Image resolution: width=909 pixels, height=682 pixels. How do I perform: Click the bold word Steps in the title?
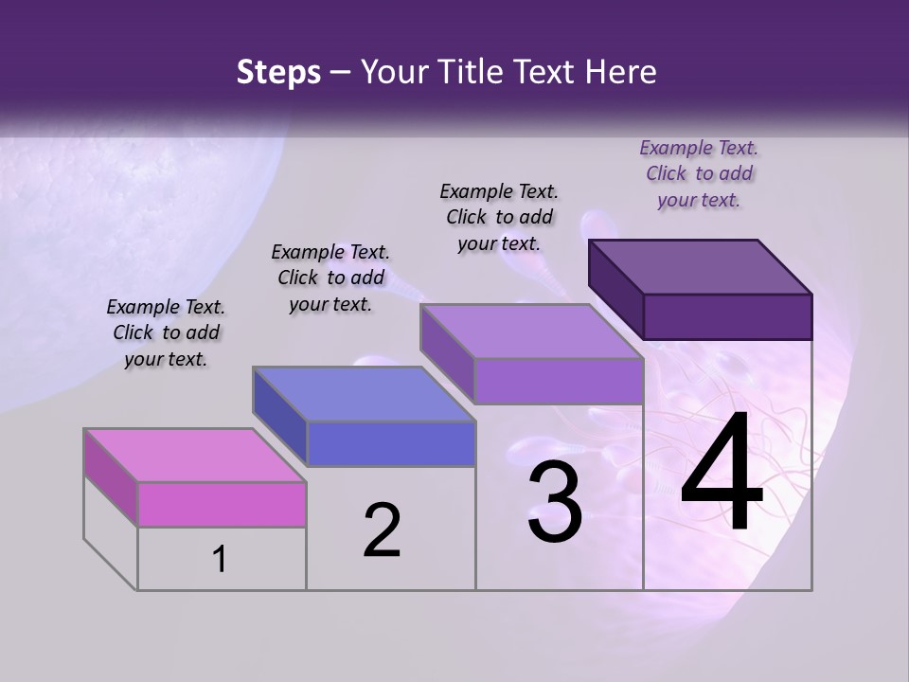(x=278, y=72)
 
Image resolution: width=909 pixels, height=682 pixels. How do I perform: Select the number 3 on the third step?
(x=554, y=501)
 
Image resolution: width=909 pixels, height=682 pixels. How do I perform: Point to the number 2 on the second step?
(x=382, y=529)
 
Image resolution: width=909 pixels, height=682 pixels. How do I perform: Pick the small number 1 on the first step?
(x=220, y=560)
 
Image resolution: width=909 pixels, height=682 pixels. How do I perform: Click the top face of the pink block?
(x=195, y=455)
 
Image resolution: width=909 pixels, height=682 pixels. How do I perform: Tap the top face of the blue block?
(x=364, y=393)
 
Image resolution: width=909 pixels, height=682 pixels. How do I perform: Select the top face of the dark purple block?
(x=701, y=266)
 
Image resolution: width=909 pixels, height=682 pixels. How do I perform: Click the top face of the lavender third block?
(x=532, y=332)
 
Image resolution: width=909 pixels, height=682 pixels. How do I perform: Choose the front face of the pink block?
(x=222, y=504)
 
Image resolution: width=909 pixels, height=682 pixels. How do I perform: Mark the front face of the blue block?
(x=391, y=443)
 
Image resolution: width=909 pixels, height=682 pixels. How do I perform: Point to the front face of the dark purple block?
(x=727, y=316)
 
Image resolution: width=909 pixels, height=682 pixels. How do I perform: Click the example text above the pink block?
(x=166, y=332)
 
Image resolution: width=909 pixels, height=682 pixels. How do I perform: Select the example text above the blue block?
(x=330, y=278)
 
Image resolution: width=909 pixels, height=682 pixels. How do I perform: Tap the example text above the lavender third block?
(x=499, y=217)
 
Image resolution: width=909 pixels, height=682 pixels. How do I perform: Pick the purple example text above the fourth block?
(x=699, y=173)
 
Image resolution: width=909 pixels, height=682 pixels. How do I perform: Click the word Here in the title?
(x=621, y=72)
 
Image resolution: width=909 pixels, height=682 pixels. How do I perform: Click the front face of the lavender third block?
(x=559, y=381)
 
